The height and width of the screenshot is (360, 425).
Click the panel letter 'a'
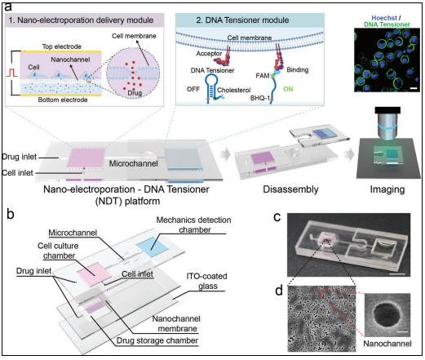[8, 7]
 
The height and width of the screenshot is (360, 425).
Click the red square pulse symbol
[11, 73]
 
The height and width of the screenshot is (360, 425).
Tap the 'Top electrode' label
[62, 47]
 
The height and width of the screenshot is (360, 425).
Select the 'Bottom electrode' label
[63, 100]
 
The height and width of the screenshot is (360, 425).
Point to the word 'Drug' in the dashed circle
[135, 93]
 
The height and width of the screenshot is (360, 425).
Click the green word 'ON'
[288, 89]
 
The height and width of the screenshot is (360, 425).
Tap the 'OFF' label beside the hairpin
[193, 89]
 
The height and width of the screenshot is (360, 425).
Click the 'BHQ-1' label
[260, 98]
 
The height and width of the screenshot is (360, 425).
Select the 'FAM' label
[263, 76]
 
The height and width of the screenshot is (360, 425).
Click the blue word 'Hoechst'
[384, 18]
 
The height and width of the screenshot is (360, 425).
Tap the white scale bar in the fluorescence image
[414, 88]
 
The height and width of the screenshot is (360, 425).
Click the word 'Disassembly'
[290, 189]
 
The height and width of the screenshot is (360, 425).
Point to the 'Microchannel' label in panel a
[134, 163]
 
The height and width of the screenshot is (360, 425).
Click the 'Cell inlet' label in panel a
[17, 172]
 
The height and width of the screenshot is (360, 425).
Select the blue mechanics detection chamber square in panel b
[153, 247]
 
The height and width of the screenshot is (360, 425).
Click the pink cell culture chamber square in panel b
[94, 273]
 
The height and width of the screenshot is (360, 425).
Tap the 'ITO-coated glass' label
[207, 281]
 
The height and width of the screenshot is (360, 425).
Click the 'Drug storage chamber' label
[157, 340]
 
